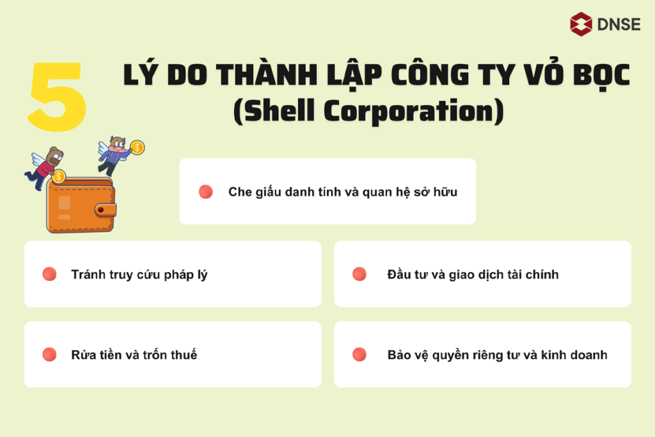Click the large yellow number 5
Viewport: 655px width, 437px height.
pos(58,97)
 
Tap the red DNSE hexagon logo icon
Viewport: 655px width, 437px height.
pos(581,24)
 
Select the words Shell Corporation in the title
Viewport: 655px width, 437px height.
pos(368,111)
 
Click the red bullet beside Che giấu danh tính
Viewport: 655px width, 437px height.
pos(205,191)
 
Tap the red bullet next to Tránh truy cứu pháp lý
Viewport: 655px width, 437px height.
pos(49,274)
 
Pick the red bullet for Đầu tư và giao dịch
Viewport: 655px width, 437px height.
pos(359,274)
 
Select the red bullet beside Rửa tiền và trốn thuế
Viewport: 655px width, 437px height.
pos(49,354)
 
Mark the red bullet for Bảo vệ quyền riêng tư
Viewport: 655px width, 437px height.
pos(359,354)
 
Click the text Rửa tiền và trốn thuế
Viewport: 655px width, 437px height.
pos(134,354)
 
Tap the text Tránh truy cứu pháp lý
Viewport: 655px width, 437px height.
pos(139,274)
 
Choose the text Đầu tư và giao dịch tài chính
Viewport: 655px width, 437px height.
pos(473,274)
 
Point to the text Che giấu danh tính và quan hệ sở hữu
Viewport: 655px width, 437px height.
pos(342,191)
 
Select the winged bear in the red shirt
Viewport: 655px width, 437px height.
pos(45,166)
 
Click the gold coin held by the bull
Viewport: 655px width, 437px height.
pos(137,148)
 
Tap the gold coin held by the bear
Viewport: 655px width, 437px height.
pos(59,176)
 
